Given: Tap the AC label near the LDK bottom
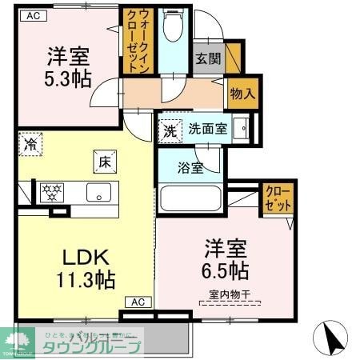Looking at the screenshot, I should coord(138,302).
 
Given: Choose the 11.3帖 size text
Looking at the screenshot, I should coord(86,279).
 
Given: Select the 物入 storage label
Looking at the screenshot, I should coord(242,93).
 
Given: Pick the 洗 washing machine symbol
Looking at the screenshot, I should coord(170,130).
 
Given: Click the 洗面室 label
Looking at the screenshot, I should coord(207,129).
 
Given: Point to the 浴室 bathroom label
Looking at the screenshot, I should coord(191,169).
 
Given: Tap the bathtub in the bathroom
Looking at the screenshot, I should coord(190,198).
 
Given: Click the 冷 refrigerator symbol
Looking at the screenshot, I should coord(30,145).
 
